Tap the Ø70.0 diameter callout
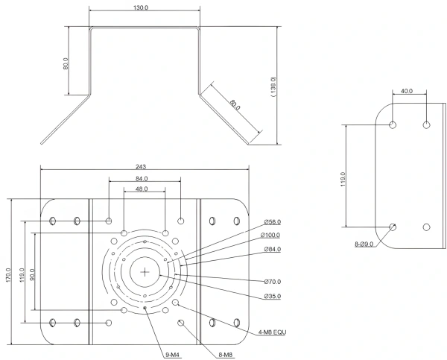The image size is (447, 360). [x=272, y=282]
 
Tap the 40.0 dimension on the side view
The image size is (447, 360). [x=407, y=92]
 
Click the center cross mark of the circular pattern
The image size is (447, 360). [x=144, y=271]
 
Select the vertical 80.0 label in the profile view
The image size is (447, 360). [x=66, y=63]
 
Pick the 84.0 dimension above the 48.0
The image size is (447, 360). [x=142, y=179]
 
